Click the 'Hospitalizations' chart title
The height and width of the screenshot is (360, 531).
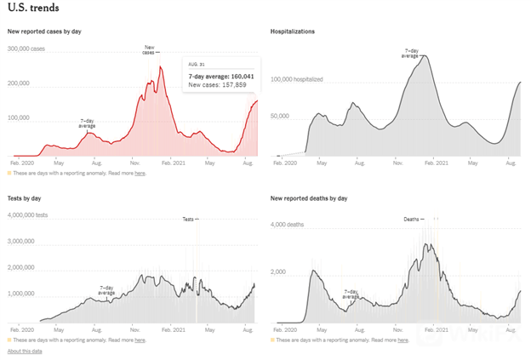coord(293,31)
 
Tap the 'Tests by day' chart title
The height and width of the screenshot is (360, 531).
coord(25,198)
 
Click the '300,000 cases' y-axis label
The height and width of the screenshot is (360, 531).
coord(26,49)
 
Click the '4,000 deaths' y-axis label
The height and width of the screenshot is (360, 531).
coord(287,226)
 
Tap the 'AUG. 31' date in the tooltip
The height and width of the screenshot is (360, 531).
coord(197,65)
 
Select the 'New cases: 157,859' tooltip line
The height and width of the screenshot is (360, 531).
coord(217,85)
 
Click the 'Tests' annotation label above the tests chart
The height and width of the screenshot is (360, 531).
coord(189,219)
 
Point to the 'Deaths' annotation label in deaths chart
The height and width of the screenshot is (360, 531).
coord(412,219)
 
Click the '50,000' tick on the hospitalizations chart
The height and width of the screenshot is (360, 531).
coord(283,115)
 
